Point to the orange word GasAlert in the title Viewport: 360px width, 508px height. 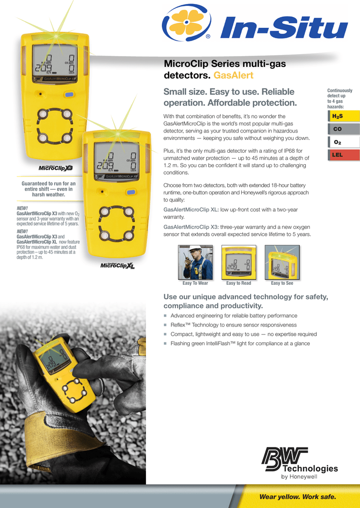point(233,75)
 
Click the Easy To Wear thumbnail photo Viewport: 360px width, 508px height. point(195,262)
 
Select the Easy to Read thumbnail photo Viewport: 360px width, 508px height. point(239,262)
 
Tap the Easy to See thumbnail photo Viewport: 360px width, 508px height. point(282,262)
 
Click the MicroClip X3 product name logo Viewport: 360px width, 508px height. point(56,168)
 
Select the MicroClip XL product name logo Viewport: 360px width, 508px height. point(118,265)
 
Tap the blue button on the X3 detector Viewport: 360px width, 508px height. point(70,94)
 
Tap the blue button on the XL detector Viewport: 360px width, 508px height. point(131,192)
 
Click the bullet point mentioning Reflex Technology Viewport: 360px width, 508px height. point(233,325)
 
